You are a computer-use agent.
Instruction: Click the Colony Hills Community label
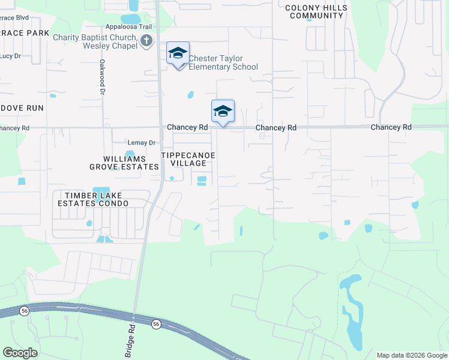316,11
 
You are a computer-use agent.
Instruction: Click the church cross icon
146,41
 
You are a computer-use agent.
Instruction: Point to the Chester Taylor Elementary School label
223,62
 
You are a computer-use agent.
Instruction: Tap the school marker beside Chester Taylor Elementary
178,54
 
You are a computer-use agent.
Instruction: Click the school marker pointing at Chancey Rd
223,111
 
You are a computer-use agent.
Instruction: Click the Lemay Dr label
142,143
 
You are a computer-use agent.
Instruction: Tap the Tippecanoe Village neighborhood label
188,159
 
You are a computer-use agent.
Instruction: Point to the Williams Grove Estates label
124,163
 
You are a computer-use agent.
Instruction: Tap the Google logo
20,352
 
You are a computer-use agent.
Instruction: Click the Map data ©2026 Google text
411,355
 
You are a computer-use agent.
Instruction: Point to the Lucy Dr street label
10,56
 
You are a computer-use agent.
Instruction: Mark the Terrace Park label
24,33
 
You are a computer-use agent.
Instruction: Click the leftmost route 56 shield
24,311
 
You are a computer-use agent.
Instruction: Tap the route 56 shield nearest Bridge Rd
156,324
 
